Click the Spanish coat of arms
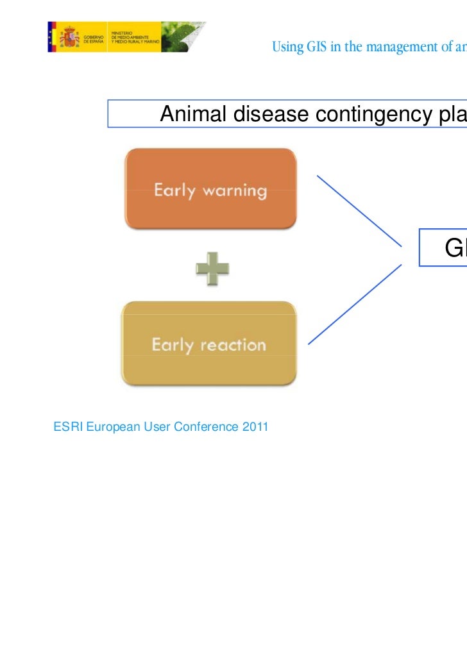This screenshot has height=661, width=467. tap(69, 37)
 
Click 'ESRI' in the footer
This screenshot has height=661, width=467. tap(66, 427)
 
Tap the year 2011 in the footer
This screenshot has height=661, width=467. tap(256, 427)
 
